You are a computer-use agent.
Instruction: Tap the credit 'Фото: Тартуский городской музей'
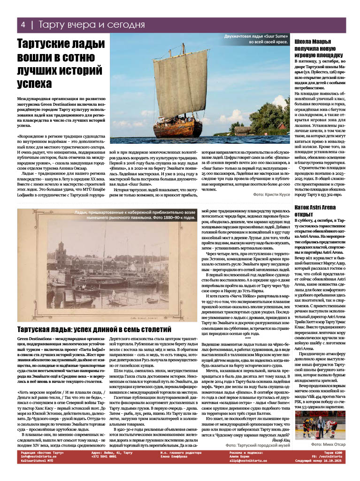tap(258, 444)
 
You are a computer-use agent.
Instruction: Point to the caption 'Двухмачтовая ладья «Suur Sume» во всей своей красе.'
tap(256, 39)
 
